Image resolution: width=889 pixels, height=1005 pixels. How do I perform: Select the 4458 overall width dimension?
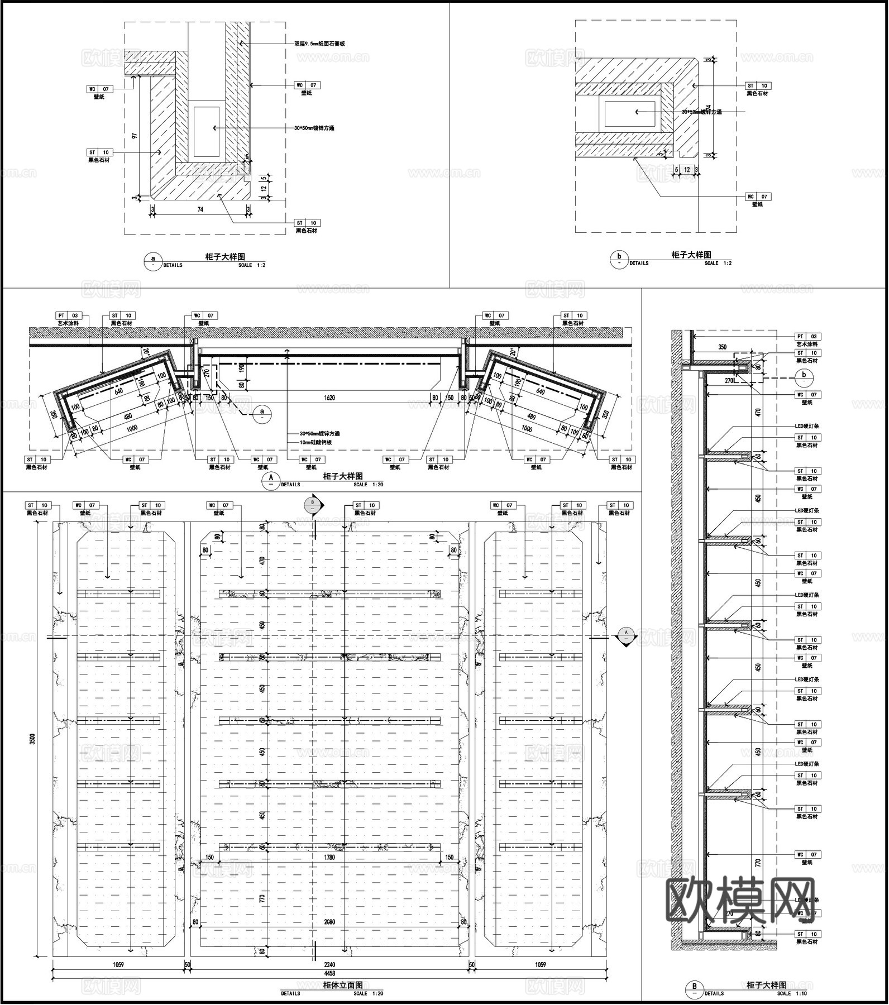(x=330, y=972)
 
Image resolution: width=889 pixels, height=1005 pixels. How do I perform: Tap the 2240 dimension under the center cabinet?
(x=330, y=964)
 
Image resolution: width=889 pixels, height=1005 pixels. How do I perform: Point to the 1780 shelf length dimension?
(x=329, y=857)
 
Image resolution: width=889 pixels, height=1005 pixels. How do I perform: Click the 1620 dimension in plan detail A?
(x=329, y=398)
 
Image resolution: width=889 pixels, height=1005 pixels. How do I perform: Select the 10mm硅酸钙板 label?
(x=316, y=442)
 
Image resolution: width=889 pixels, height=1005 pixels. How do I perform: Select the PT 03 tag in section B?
(x=807, y=337)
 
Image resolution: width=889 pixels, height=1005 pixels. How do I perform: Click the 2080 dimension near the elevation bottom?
(x=329, y=922)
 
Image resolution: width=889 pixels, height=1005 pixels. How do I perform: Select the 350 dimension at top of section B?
(x=722, y=347)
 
